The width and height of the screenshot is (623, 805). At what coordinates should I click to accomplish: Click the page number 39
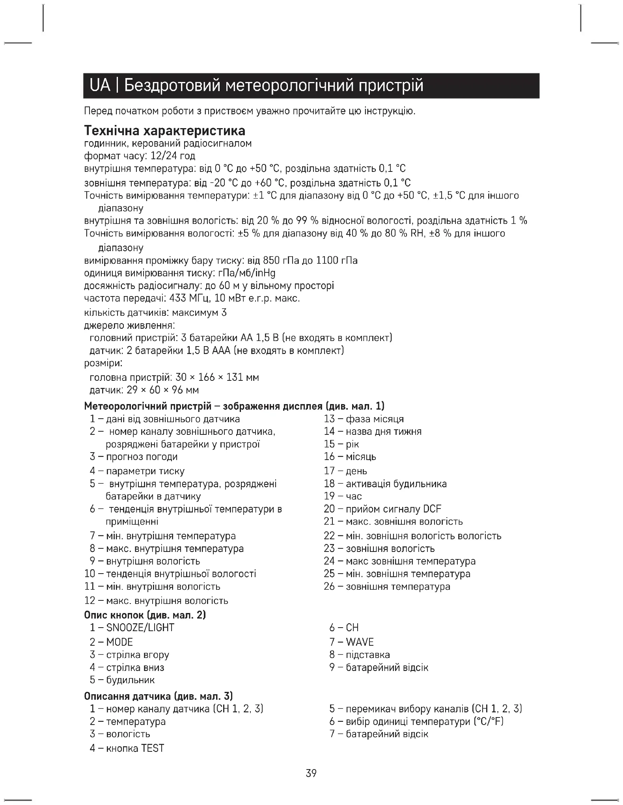[311, 773]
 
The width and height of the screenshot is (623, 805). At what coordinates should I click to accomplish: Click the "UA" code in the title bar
[101, 85]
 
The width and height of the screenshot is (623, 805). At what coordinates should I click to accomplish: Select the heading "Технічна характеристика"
[165, 130]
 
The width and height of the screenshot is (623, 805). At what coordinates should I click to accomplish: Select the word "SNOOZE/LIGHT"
[140, 628]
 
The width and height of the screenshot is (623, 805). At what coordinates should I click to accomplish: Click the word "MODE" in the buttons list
[119, 642]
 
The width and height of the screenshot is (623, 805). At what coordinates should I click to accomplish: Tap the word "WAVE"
[360, 642]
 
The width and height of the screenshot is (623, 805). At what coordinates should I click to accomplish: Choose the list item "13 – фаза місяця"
[364, 419]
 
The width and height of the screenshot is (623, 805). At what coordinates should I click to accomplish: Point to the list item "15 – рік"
[341, 444]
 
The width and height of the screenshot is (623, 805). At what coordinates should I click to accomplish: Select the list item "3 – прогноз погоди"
[134, 457]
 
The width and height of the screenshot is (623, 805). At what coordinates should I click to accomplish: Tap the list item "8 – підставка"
[360, 655]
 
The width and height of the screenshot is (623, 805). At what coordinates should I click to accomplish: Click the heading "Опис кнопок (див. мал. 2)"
[145, 615]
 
